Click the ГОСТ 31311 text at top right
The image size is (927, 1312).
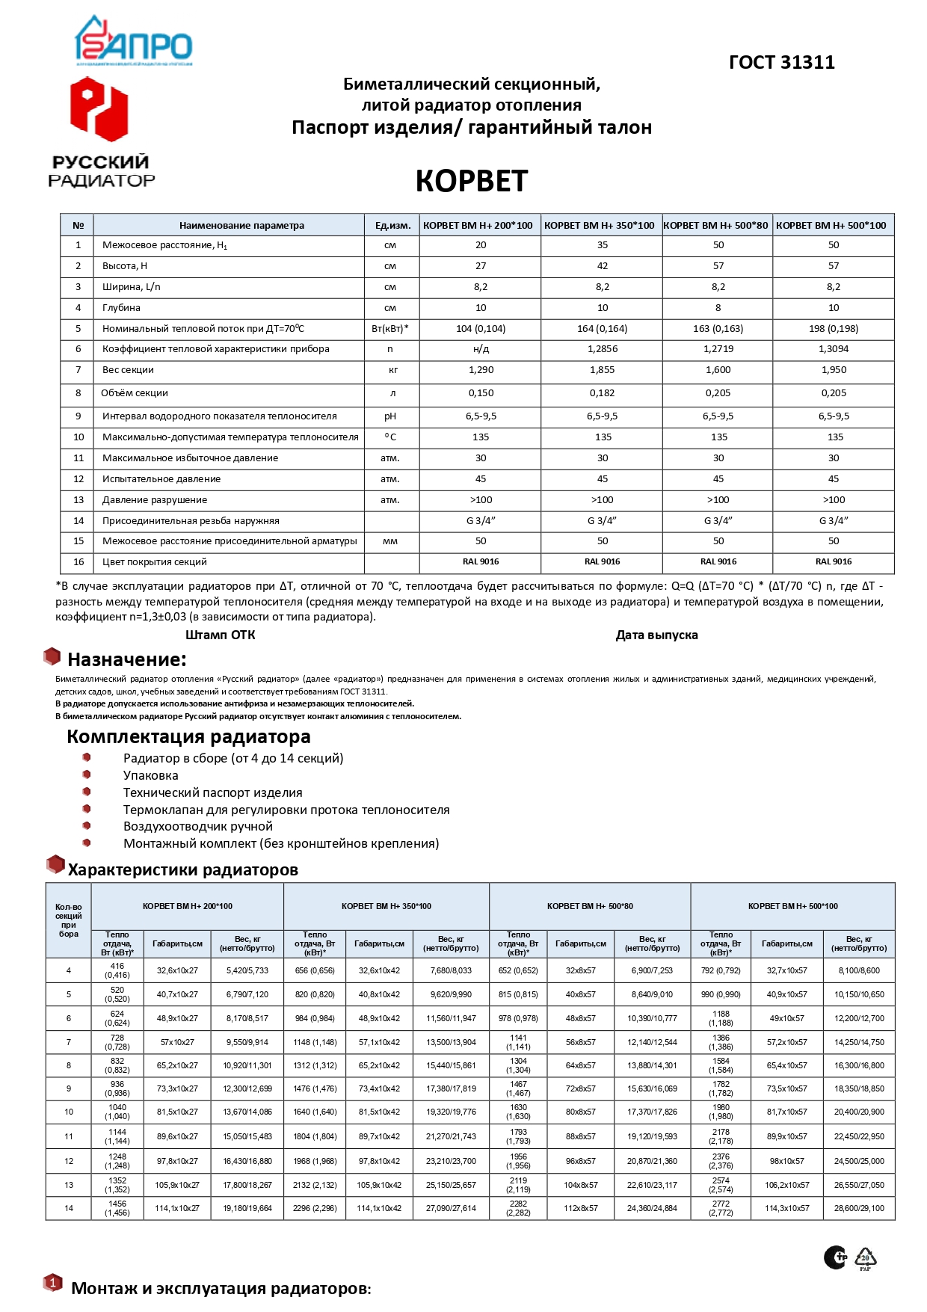(781, 62)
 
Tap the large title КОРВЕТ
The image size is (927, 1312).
(472, 181)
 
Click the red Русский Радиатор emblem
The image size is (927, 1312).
(99, 110)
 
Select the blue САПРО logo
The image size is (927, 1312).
(134, 42)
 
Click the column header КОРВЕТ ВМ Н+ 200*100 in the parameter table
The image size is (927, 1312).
(478, 225)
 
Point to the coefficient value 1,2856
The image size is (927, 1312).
(603, 349)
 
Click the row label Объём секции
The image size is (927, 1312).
(135, 393)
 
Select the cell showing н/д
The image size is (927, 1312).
(481, 349)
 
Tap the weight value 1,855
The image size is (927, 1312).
(603, 370)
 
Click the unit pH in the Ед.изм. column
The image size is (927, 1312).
(390, 416)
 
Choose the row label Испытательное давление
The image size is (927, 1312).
(161, 479)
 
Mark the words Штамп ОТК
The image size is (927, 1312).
(221, 635)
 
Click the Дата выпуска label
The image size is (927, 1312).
(656, 635)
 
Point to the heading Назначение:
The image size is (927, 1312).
(126, 659)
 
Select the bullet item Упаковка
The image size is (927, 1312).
(151, 775)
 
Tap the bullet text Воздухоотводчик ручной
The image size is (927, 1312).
(198, 826)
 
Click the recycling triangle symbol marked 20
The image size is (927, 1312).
(865, 1257)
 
